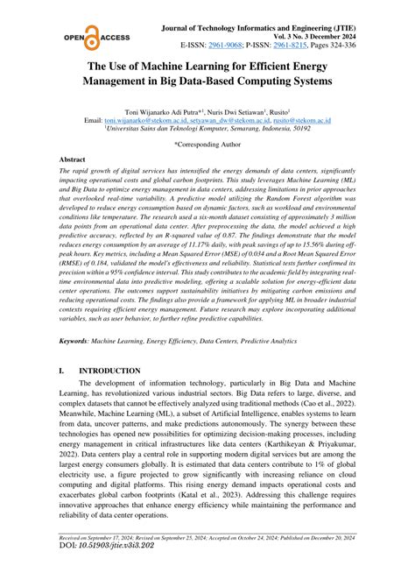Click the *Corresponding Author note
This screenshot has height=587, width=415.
pos(207,143)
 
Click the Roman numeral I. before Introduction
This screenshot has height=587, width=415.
pos(60,371)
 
